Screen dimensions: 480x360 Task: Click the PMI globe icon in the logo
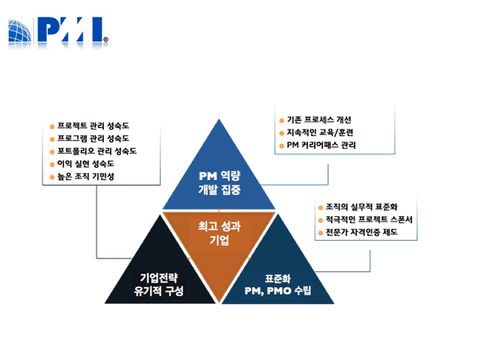click(x=20, y=30)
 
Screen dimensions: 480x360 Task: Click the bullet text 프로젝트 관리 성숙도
click(x=93, y=126)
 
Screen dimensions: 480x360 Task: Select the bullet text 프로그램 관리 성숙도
click(x=93, y=138)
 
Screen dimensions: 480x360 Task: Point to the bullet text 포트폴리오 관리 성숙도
click(x=97, y=151)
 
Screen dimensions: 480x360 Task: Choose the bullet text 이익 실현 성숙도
click(x=86, y=164)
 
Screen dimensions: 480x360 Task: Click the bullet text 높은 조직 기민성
click(x=86, y=176)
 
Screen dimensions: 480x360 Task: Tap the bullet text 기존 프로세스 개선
click(x=318, y=120)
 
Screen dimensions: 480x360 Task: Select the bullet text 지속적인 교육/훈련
click(x=320, y=132)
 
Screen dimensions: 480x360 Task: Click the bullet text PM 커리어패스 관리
click(x=321, y=145)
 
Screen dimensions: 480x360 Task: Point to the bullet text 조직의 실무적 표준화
click(x=362, y=207)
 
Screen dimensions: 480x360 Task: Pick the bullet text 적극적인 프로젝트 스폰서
click(x=369, y=219)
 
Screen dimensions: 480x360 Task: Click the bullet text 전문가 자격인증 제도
click(x=362, y=232)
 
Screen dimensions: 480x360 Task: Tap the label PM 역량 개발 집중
click(x=219, y=182)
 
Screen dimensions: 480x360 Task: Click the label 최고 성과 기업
click(x=219, y=234)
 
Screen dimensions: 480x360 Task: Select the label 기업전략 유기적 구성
click(x=158, y=284)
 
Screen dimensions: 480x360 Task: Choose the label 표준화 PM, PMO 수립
click(x=278, y=285)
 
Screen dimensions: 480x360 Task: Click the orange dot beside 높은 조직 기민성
click(x=52, y=177)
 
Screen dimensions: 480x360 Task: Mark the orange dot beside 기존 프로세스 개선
click(x=282, y=121)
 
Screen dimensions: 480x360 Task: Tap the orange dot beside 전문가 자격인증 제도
click(x=321, y=234)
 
